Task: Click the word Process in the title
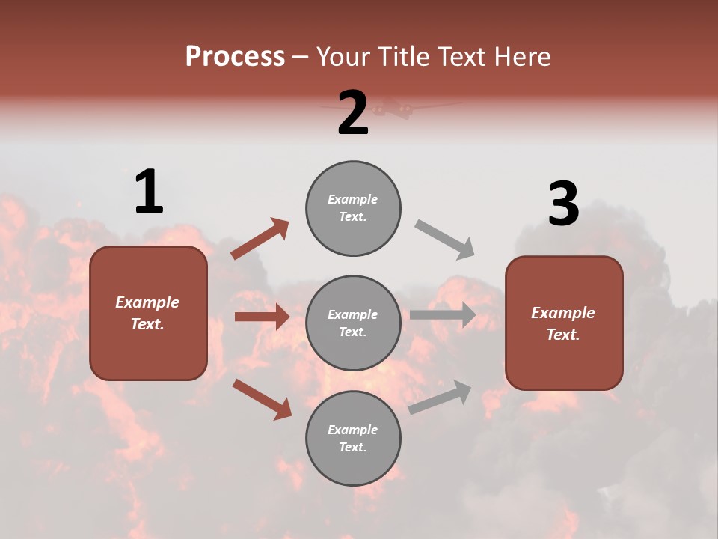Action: [x=235, y=56]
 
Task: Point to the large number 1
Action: [x=149, y=192]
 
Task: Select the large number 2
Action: [x=353, y=113]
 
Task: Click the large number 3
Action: [x=563, y=204]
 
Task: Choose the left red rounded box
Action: [x=148, y=313]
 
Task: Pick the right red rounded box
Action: [x=564, y=323]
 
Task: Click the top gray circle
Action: [x=353, y=207]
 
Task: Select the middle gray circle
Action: [x=353, y=323]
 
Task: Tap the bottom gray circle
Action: [x=353, y=438]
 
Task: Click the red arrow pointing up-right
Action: [x=260, y=238]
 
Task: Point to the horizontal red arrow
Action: [x=262, y=317]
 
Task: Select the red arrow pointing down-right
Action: [x=262, y=399]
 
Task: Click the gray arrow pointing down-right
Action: [x=445, y=240]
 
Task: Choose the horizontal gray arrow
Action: [x=443, y=315]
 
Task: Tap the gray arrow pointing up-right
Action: [x=440, y=397]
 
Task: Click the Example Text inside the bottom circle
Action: [x=353, y=438]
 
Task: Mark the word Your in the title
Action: [x=343, y=56]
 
